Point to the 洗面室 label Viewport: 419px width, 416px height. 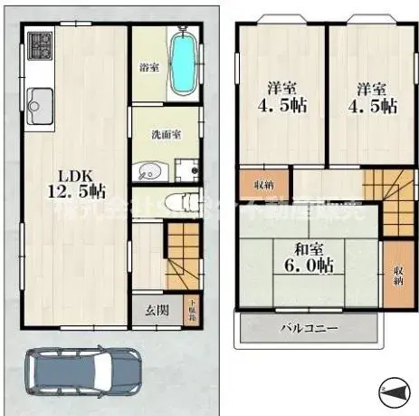(166, 134)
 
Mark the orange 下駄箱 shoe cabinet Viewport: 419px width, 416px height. (191, 309)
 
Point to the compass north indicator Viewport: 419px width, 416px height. (395, 391)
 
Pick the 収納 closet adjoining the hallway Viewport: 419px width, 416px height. (263, 184)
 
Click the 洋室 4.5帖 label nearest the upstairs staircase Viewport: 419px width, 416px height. (371, 98)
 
